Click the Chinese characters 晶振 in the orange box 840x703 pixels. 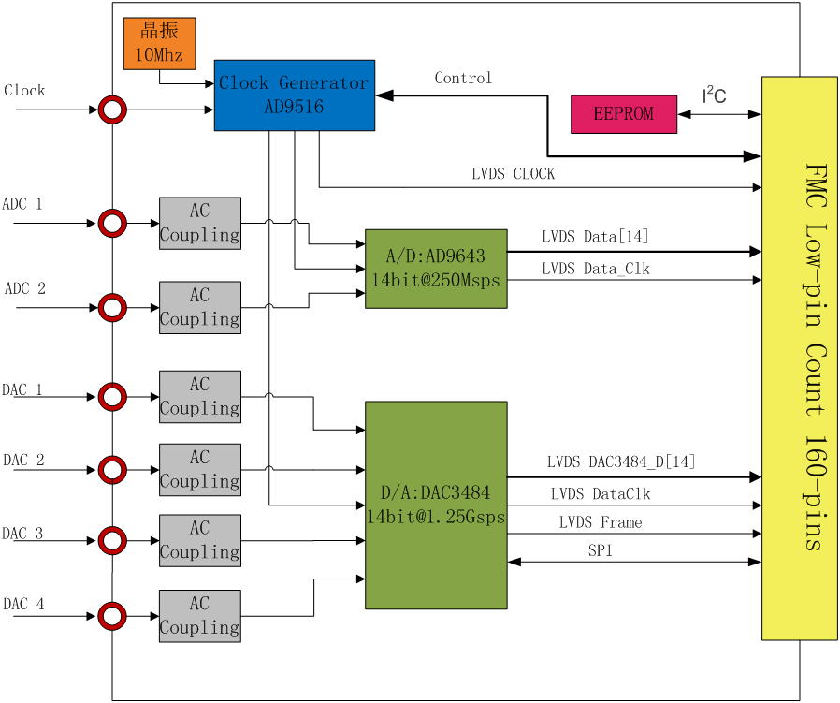click(159, 31)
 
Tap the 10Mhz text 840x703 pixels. click(159, 55)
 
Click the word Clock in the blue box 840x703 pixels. click(243, 83)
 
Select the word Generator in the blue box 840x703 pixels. click(323, 83)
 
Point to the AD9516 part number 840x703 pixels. click(294, 107)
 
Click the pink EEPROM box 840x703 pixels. click(624, 114)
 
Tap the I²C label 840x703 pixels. click(715, 95)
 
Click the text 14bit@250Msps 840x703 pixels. click(436, 281)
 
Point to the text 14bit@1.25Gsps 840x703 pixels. click(436, 517)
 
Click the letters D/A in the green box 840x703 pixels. click(394, 493)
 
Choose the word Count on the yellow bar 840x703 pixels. click(816, 380)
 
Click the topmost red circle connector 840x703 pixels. click(112, 110)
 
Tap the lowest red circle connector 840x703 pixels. click(112, 616)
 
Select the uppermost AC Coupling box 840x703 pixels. click(200, 223)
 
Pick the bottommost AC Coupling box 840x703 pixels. click(200, 616)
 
